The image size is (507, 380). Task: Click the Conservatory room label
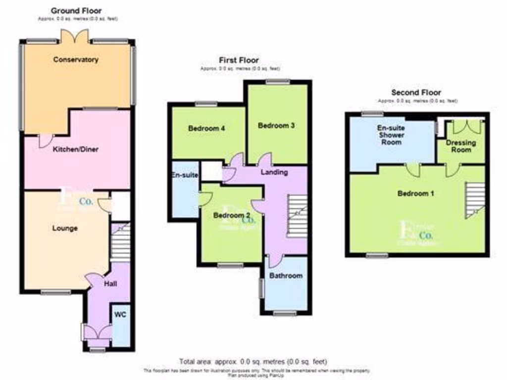pos(76,60)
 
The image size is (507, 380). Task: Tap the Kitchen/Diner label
pos(76,149)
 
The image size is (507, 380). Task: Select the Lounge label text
pos(65,229)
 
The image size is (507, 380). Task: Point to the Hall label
pos(110,285)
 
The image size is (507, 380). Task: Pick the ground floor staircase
pos(120,242)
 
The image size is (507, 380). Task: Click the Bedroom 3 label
pos(277,126)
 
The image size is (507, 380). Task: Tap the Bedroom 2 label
pos(231,216)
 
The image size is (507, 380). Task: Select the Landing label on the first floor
pos(274,172)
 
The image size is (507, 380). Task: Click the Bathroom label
pos(286,276)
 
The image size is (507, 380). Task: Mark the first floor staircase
pos(297,216)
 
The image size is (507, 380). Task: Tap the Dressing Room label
pos(461,146)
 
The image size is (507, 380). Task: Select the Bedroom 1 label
pos(416,193)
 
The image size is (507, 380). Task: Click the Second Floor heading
pos(416,93)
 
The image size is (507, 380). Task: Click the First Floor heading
pos(239,60)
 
